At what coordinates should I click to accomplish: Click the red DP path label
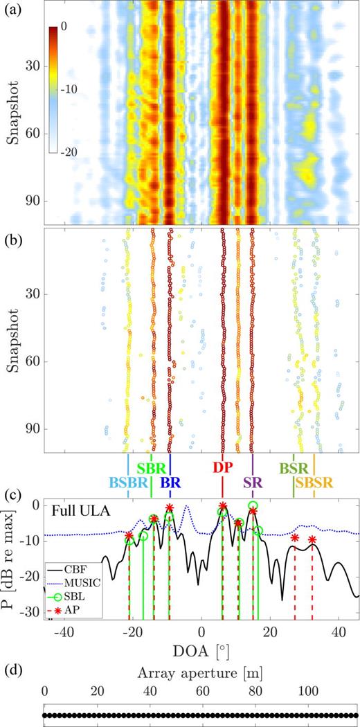tap(222, 468)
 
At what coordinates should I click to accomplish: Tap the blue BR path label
tap(170, 483)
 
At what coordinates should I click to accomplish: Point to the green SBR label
tap(151, 468)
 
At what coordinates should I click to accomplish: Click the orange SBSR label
tap(314, 483)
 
